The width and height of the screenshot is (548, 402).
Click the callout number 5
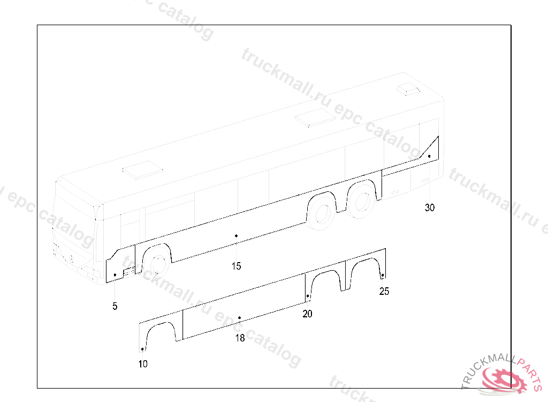click(x=115, y=307)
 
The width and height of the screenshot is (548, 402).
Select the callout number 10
click(x=143, y=364)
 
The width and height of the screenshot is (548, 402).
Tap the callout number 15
click(x=236, y=266)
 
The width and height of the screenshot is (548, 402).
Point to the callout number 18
click(x=240, y=338)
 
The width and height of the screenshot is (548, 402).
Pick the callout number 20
click(x=307, y=314)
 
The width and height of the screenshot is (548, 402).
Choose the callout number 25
click(x=384, y=292)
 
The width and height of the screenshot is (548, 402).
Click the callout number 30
click(x=430, y=208)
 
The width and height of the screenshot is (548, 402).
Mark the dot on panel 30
click(x=429, y=156)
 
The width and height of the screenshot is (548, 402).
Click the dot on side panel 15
click(x=236, y=235)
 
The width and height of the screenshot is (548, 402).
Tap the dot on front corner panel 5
click(x=115, y=275)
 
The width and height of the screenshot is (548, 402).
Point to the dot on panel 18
click(x=240, y=318)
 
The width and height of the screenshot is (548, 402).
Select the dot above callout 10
click(x=142, y=349)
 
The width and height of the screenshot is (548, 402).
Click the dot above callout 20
click(x=308, y=296)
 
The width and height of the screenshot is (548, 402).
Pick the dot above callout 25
click(x=382, y=275)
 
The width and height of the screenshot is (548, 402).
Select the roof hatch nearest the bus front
click(x=142, y=170)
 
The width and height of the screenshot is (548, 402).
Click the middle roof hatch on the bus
click(x=316, y=117)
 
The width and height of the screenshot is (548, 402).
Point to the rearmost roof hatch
click(x=410, y=89)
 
